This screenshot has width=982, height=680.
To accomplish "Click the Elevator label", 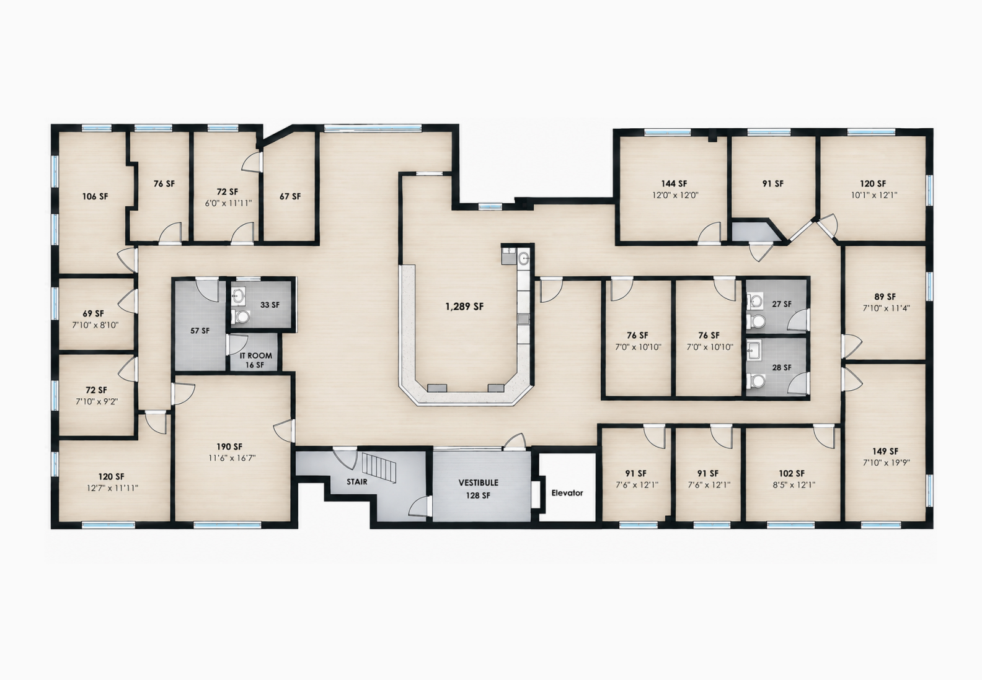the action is click(x=567, y=493).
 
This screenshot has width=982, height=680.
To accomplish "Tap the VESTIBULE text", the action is click(x=478, y=482).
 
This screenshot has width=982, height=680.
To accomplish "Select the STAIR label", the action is click(x=357, y=482).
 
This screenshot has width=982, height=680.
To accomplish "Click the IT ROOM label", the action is click(x=255, y=355).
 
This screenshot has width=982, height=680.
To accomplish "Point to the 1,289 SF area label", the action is click(x=464, y=307).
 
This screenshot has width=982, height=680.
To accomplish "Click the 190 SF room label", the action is click(x=229, y=447).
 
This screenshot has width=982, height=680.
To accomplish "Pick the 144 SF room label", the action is click(x=675, y=184).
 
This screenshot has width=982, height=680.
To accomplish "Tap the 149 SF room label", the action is click(x=885, y=451).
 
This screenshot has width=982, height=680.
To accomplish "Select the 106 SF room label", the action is click(x=95, y=196).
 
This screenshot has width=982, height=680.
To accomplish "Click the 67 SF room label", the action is click(x=290, y=196).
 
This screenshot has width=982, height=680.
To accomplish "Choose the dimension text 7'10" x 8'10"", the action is click(x=95, y=325).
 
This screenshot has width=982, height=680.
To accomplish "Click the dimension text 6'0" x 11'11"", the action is click(x=228, y=204).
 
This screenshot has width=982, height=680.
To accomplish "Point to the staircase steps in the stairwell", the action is click(x=379, y=468).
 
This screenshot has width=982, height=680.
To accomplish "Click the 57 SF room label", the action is click(x=200, y=331).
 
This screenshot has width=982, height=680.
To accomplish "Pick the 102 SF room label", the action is click(x=792, y=473).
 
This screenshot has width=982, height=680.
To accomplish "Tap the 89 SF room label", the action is click(x=885, y=297).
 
